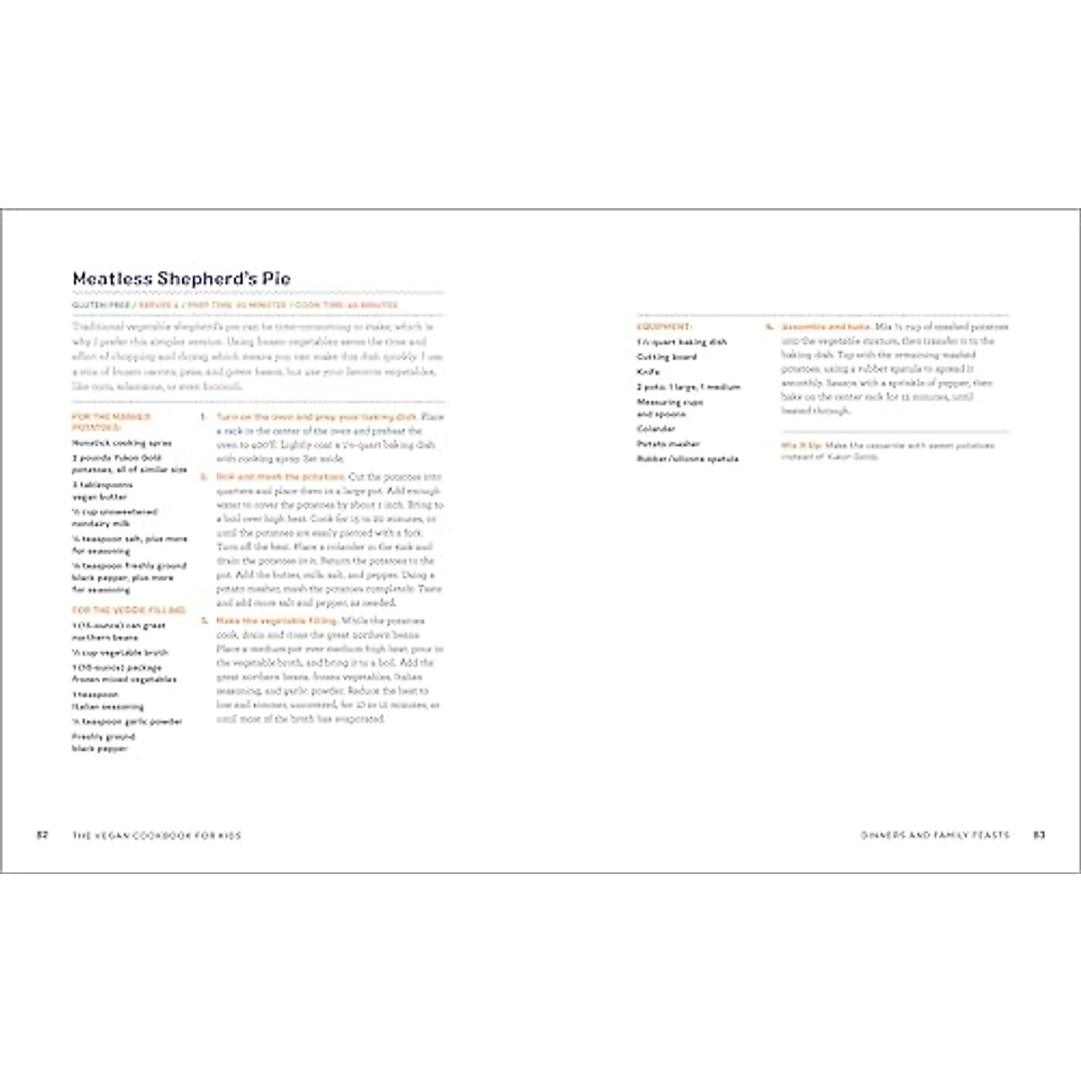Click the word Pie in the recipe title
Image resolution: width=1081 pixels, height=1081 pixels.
[x=277, y=279]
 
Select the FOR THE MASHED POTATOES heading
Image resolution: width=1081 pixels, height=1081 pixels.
[x=111, y=422]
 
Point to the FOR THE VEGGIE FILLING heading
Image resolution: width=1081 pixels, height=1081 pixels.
[x=129, y=611]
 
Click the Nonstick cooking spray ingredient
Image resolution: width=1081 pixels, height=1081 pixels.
[x=122, y=443]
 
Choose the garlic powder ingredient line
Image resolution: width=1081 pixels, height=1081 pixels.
[x=128, y=722]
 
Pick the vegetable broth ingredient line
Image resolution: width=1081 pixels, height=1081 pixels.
[x=120, y=652]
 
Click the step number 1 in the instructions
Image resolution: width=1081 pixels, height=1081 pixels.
[x=204, y=417]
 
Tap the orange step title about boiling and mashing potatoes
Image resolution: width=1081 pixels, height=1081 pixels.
[x=280, y=477]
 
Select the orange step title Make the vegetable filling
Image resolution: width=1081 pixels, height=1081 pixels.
[x=277, y=621]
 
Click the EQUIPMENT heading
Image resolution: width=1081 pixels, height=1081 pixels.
[x=664, y=326]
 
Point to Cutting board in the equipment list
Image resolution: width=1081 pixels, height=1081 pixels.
[x=667, y=357]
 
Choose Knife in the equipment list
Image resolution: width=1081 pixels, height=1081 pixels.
[x=649, y=371]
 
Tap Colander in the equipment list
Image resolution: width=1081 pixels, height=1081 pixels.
[x=656, y=429]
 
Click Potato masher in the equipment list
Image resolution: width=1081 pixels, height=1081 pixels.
[x=668, y=444]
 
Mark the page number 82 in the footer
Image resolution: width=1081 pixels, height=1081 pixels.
[x=41, y=835]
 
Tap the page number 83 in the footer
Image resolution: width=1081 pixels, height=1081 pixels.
[x=1039, y=835]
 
